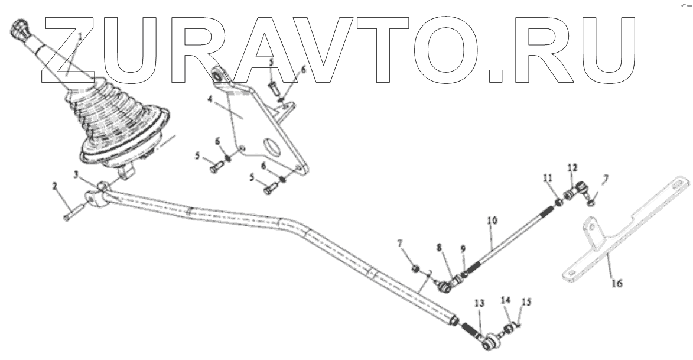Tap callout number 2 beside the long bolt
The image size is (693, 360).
point(54,186)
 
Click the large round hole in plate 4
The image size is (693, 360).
point(271,146)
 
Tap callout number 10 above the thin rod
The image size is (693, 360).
point(492,220)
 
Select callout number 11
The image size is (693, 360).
point(548,178)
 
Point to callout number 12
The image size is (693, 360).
point(571,167)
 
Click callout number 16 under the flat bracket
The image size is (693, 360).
point(616,283)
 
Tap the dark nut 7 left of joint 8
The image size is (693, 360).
point(417,268)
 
